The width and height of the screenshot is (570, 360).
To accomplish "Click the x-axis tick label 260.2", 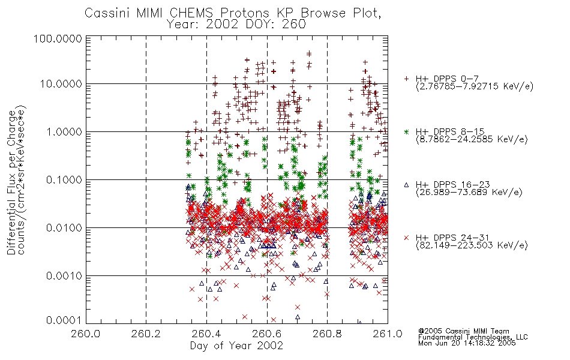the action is pyautogui.click(x=146, y=334).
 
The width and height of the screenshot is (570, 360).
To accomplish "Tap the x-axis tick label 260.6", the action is pyautogui.click(x=266, y=334).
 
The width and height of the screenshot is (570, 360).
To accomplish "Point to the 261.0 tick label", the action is pyautogui.click(x=388, y=334).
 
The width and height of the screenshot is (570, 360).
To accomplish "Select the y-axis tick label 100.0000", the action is pyautogui.click(x=58, y=38).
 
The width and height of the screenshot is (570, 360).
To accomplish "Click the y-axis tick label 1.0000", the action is pyautogui.click(x=64, y=131).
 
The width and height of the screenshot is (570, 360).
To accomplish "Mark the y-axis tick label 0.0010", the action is pyautogui.click(x=64, y=275).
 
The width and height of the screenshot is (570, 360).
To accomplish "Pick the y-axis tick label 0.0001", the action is pyautogui.click(x=64, y=320).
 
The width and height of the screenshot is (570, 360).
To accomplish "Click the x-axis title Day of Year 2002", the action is pyautogui.click(x=236, y=345).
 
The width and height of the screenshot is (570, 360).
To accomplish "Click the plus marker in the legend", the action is pyautogui.click(x=406, y=79).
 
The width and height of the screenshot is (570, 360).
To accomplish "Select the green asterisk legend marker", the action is pyautogui.click(x=406, y=131).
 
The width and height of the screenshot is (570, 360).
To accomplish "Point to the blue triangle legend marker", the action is pyautogui.click(x=406, y=185).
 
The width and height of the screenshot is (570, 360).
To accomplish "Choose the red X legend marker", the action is pyautogui.click(x=406, y=238).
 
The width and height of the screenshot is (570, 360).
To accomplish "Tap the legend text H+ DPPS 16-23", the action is pyautogui.click(x=453, y=184).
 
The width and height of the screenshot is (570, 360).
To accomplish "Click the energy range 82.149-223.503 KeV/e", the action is pyautogui.click(x=472, y=245).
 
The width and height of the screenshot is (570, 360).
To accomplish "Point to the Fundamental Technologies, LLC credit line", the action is pyautogui.click(x=473, y=337).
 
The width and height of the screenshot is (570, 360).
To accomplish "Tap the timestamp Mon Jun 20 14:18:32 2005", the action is pyautogui.click(x=467, y=343).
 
